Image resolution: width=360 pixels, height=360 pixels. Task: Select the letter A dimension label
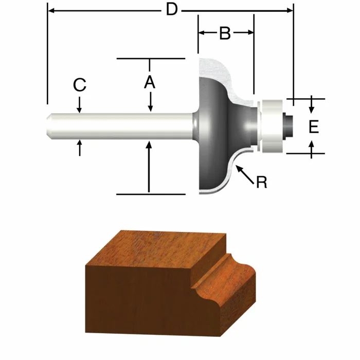tap(149, 81)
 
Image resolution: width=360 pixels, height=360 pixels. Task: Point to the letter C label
tap(79, 85)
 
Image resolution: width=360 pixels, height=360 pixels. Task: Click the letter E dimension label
tap(314, 126)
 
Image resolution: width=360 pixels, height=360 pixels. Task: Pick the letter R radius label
tap(262, 182)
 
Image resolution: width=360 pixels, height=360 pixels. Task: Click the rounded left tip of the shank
tap(49, 126)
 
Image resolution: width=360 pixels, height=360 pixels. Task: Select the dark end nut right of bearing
tap(288, 125)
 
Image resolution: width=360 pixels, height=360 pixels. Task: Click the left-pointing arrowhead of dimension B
tap(202, 32)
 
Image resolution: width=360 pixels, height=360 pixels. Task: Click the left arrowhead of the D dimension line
tap(50, 9)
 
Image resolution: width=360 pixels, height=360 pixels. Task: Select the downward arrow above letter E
tap(312, 107)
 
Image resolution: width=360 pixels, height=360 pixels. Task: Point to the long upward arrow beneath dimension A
tap(149, 165)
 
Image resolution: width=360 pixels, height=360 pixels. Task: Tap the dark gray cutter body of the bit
tap(213, 129)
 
